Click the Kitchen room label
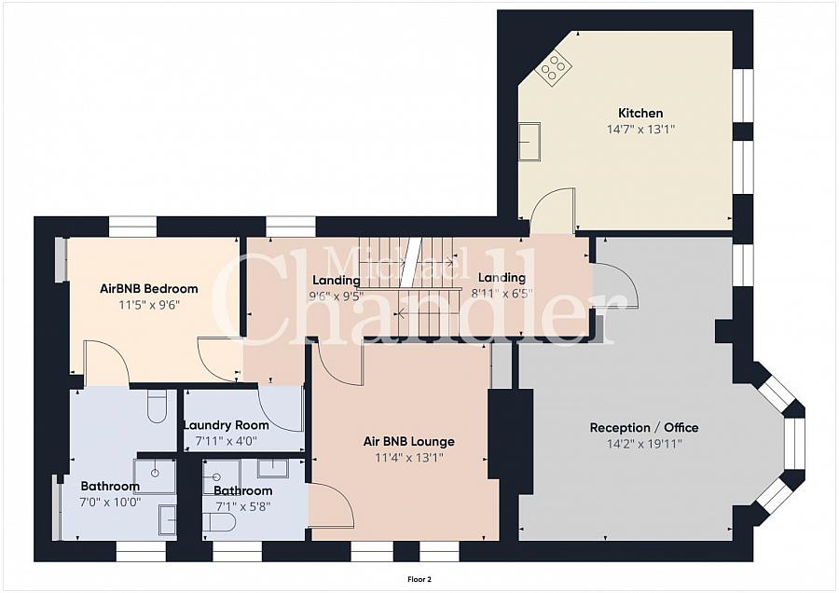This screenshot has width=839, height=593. pyautogui.click(x=640, y=113)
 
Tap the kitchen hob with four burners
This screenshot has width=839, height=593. pyautogui.click(x=554, y=67)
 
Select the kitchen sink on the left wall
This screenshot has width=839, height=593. pyautogui.click(x=530, y=142)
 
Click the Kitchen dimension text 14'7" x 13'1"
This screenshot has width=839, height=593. pyautogui.click(x=640, y=129)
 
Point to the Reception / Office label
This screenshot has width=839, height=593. pyautogui.click(x=644, y=428)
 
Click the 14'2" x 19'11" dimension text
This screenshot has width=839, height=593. pyautogui.click(x=644, y=444)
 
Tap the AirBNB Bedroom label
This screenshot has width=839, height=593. pyautogui.click(x=149, y=289)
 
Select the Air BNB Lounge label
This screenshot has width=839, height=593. pyautogui.click(x=409, y=442)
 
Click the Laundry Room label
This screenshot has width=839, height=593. pyautogui.click(x=226, y=425)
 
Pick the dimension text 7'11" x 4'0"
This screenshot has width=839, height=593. pyautogui.click(x=226, y=442)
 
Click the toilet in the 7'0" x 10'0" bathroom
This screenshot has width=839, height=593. pyautogui.click(x=157, y=406)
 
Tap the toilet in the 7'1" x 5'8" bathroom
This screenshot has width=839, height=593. pyautogui.click(x=219, y=522)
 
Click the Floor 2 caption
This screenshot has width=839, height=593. pyautogui.click(x=419, y=579)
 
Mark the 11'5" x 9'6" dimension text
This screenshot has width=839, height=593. pyautogui.click(x=149, y=305)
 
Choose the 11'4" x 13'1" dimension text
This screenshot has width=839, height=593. pyautogui.click(x=409, y=458)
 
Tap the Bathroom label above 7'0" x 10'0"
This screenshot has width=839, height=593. pyautogui.click(x=110, y=487)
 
